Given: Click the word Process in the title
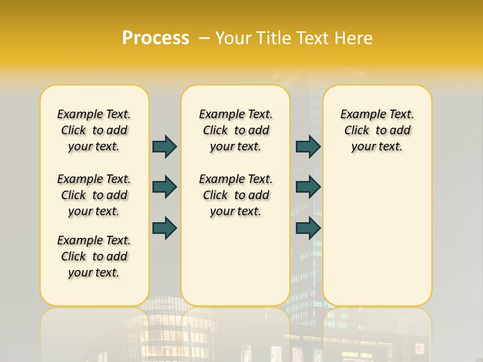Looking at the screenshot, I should tap(155, 38).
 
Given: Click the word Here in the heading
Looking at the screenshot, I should tap(354, 38).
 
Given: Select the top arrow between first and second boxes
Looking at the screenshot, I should tap(165, 146).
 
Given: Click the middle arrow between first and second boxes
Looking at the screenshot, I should tap(165, 187).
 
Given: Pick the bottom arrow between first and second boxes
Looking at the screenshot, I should tap(165, 228).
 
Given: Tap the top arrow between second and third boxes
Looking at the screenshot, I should tap(308, 146).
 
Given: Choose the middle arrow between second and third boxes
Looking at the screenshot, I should tap(308, 187).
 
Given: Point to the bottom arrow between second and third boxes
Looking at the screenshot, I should tap(308, 228).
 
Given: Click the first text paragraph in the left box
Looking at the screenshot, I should tap(94, 130).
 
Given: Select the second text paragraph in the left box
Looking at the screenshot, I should tap(94, 195).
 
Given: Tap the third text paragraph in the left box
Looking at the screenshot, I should tap(94, 256).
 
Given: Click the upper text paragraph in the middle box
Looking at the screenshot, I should tap(235, 130).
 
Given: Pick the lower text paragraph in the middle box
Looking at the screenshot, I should tap(235, 195).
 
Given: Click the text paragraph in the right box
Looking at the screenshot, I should tap(377, 130).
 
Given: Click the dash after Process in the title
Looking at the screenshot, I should tap(204, 38).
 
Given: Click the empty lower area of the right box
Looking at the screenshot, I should tap(377, 241).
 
